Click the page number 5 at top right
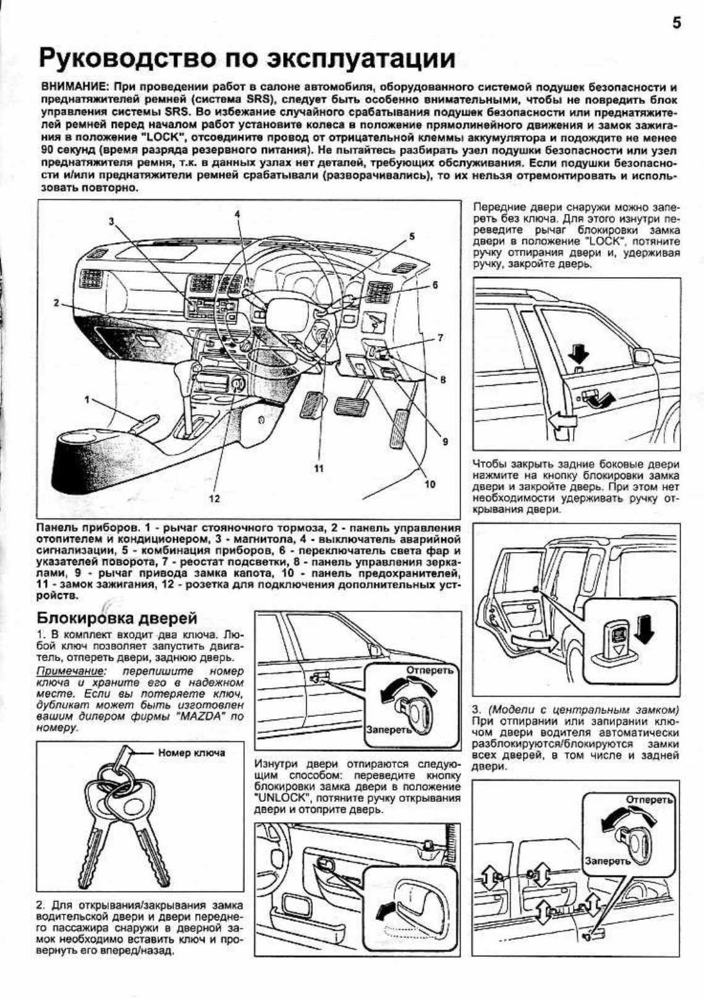click(x=676, y=24)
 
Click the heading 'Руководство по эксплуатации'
click(x=247, y=59)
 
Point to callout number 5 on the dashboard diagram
click(x=412, y=236)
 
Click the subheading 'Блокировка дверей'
click(x=117, y=618)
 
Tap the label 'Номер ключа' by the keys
click(x=192, y=752)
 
